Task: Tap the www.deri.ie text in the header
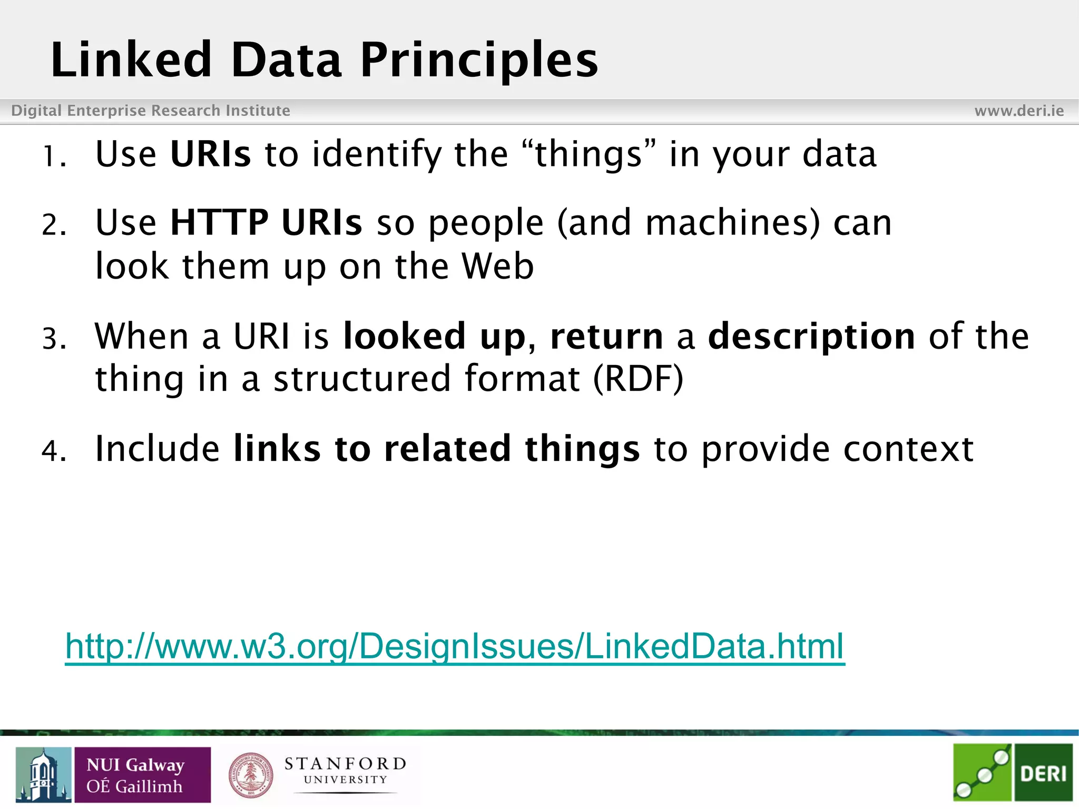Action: [1019, 111]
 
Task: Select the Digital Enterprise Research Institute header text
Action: [151, 111]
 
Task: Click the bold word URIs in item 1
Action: [211, 154]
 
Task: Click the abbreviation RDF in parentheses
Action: [638, 379]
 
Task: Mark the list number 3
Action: [53, 338]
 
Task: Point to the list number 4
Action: [53, 451]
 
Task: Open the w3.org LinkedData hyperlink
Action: [455, 646]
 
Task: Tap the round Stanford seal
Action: [251, 775]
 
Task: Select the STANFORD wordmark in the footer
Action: [345, 764]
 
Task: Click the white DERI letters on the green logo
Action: [1043, 774]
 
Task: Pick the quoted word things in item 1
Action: [588, 154]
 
